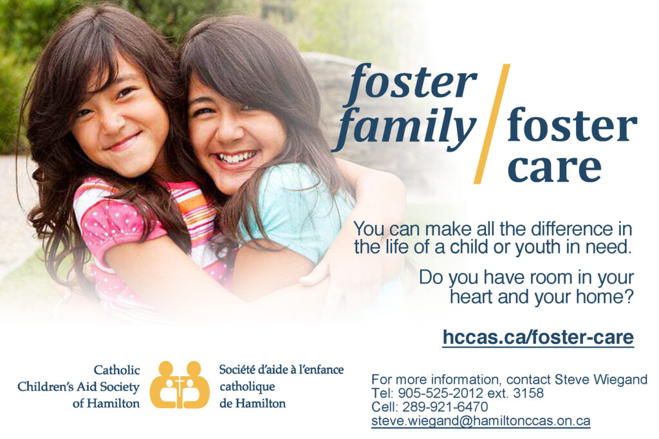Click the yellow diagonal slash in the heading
click(x=492, y=123)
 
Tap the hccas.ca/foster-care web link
click(x=538, y=337)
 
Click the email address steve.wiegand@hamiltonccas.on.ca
click(x=481, y=421)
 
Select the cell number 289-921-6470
click(x=445, y=407)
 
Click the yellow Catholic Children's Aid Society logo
click(x=180, y=384)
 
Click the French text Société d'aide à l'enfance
click(x=281, y=370)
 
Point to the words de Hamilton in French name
click(x=252, y=404)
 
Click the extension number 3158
click(x=528, y=393)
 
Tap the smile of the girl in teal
click(x=236, y=158)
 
